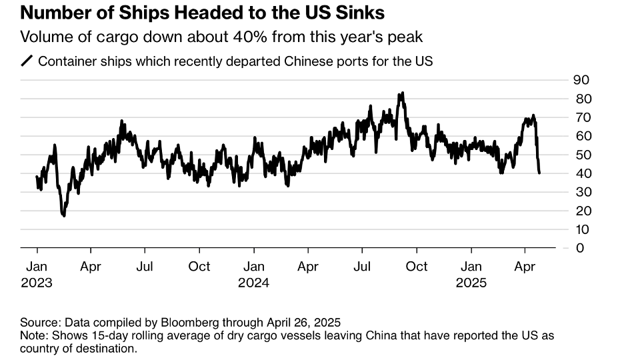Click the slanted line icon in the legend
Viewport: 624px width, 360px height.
coord(27,61)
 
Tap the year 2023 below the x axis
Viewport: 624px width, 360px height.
coord(36,282)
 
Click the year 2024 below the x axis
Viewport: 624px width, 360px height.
coord(253,282)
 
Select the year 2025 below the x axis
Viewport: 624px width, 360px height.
coord(471,282)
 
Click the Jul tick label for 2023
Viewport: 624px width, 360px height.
coord(145,267)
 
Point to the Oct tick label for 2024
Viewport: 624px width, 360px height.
coord(417,267)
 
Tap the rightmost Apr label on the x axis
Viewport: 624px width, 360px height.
coord(525,267)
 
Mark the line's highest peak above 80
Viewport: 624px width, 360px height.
coord(401,93)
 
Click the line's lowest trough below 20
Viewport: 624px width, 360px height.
coord(63,215)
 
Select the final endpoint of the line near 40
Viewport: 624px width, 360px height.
coord(539,173)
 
